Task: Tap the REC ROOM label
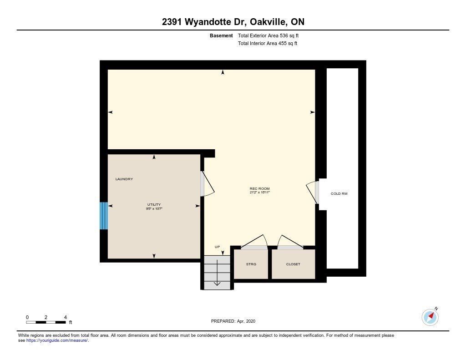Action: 259,188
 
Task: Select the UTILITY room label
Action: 154,204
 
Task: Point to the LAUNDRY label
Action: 124,179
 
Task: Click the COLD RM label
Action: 339,193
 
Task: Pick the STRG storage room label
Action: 251,264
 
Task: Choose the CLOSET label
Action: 293,264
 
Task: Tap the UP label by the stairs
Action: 217,247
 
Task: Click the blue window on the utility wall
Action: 103,216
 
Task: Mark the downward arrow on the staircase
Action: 217,273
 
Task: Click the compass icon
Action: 430,317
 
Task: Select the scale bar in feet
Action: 46,322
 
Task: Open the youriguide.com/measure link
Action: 57,340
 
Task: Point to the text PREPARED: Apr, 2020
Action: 233,321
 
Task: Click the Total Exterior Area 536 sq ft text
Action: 268,35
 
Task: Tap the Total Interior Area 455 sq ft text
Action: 268,43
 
